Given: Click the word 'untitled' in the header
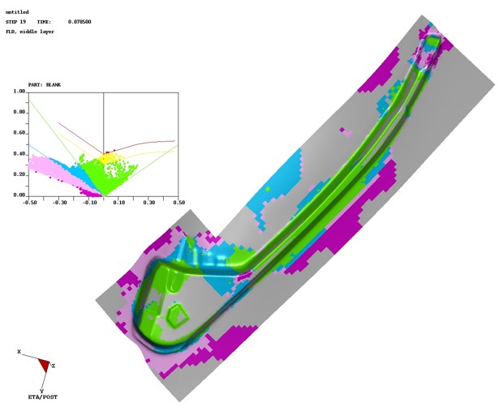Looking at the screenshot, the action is (x=17, y=12).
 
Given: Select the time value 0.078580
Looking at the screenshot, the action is (x=80, y=22).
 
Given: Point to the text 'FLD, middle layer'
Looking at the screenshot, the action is (x=30, y=32).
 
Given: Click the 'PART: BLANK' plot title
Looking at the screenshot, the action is (x=45, y=85).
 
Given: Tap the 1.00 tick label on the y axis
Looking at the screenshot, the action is (x=19, y=92).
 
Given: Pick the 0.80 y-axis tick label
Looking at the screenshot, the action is (x=19, y=112).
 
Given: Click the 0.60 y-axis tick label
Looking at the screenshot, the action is (x=19, y=133).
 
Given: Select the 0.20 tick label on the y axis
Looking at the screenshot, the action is (x=19, y=174).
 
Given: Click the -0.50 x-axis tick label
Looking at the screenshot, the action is (x=29, y=203).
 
